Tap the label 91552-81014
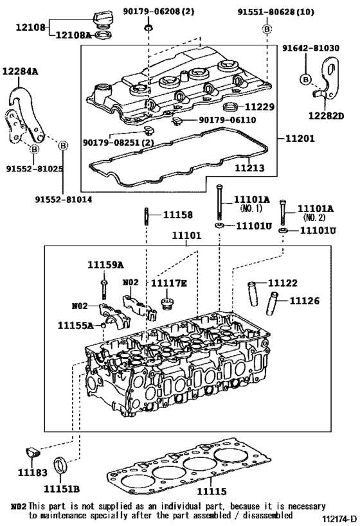click(x=63, y=200)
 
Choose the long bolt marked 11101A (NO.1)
click(x=220, y=202)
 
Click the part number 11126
click(x=304, y=299)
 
